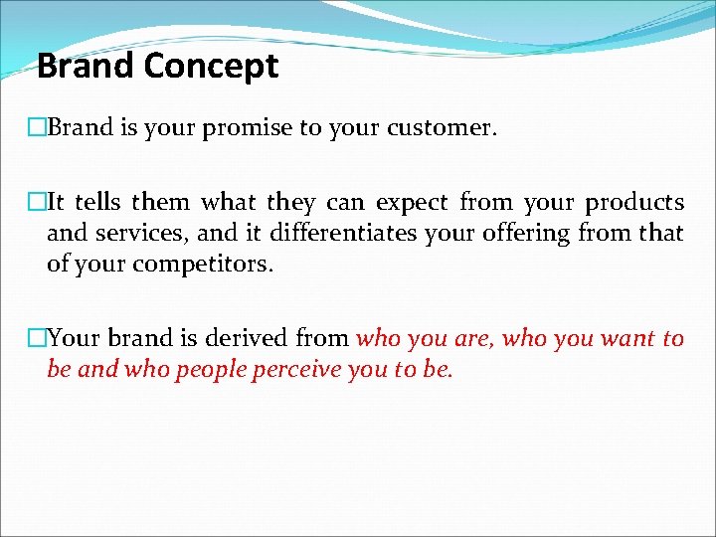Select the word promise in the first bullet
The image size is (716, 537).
[x=246, y=128]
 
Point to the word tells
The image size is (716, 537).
[x=96, y=203]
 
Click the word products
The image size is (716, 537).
[x=634, y=203]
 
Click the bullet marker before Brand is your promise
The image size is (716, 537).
[x=38, y=128]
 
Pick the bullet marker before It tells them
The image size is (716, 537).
[x=38, y=203]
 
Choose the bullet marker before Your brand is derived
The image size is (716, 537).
[x=38, y=339]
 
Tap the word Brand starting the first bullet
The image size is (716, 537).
[x=74, y=128]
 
